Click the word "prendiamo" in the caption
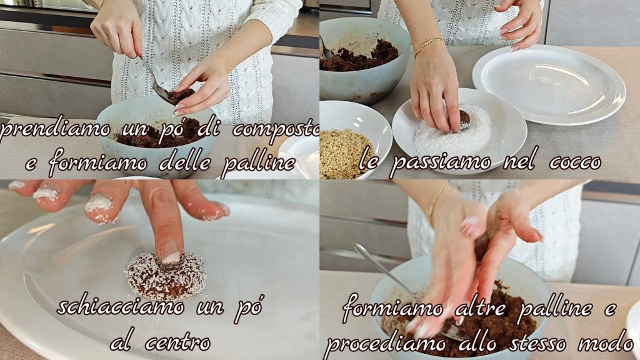(55, 131)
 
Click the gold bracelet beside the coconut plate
(429, 46)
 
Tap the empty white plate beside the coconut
(549, 84)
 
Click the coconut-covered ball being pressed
(166, 275)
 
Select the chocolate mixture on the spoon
(180, 96)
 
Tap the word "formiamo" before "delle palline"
(98, 163)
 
